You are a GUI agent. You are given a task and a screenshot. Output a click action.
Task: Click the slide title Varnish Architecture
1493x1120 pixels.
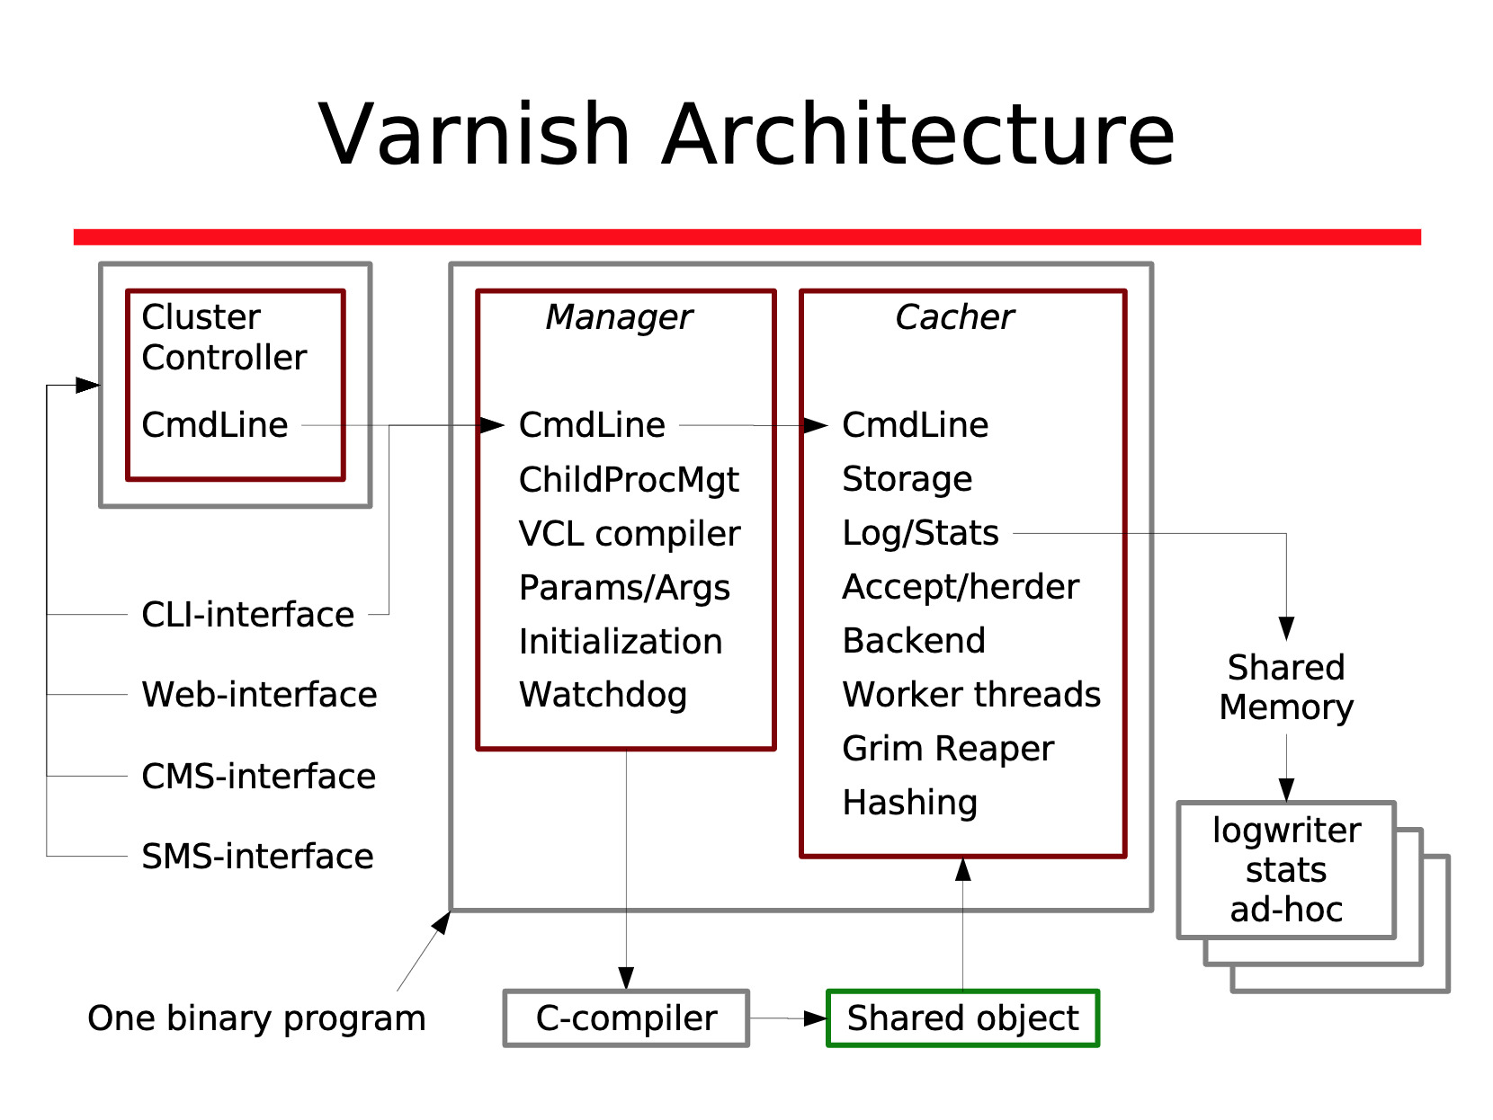pyautogui.click(x=746, y=135)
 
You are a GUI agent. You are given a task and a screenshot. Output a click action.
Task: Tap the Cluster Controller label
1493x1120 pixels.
pyautogui.click(x=224, y=337)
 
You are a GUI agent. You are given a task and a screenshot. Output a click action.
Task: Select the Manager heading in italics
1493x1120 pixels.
pyautogui.click(x=619, y=317)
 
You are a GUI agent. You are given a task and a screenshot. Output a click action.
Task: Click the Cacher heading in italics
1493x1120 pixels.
pyautogui.click(x=954, y=317)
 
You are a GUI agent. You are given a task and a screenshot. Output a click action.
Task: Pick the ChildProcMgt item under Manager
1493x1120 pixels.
pyautogui.click(x=629, y=480)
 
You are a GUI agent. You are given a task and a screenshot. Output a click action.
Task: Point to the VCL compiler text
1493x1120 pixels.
pyautogui.click(x=630, y=534)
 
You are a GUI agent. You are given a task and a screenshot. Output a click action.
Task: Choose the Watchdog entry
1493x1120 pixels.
pyautogui.click(x=603, y=695)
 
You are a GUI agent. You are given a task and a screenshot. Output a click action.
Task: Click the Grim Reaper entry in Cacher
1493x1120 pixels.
pyautogui.click(x=948, y=749)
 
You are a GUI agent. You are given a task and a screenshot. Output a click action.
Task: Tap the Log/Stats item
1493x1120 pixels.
pyautogui.click(x=920, y=533)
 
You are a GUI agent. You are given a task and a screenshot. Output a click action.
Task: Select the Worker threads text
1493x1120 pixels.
pyautogui.click(x=971, y=695)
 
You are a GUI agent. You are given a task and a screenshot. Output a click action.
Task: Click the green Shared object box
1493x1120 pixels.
pyautogui.click(x=962, y=1018)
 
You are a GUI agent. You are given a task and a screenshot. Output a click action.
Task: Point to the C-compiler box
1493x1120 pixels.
pyautogui.click(x=626, y=1018)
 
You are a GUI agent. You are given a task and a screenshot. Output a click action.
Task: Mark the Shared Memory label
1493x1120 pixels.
pyautogui.click(x=1286, y=688)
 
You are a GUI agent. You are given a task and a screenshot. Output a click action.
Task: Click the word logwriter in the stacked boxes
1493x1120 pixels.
pyautogui.click(x=1286, y=831)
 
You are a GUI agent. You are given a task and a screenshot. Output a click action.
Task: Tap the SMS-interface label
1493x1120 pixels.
pyautogui.click(x=257, y=857)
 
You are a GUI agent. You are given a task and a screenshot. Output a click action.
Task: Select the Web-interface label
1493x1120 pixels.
pyautogui.click(x=259, y=695)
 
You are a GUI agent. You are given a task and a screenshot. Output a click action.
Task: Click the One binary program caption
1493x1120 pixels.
pyautogui.click(x=256, y=1018)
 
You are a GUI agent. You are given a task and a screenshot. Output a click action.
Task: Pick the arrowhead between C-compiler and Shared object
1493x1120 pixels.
pyautogui.click(x=816, y=1018)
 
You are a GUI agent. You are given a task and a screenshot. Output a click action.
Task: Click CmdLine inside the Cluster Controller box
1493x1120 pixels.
pyautogui.click(x=215, y=425)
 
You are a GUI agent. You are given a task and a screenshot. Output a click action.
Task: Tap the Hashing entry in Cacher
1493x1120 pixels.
pyautogui.click(x=909, y=803)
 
